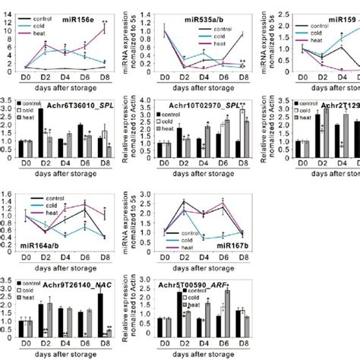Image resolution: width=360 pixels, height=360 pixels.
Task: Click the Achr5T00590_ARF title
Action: point(197,279)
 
